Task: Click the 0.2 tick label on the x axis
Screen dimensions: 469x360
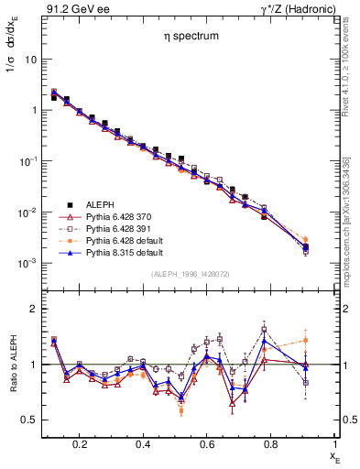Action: click(80, 443)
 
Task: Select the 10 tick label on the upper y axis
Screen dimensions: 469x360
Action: click(30, 59)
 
